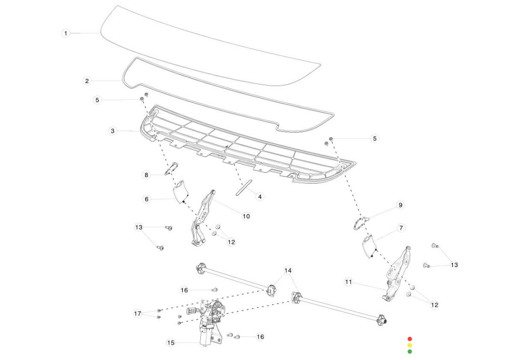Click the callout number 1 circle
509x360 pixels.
pyautogui.click(x=66, y=33)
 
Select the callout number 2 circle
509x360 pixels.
pyautogui.click(x=87, y=81)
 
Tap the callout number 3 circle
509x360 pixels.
pyautogui.click(x=113, y=131)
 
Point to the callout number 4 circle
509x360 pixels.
pyautogui.click(x=260, y=196)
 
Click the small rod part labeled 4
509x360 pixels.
pyautogui.click(x=244, y=187)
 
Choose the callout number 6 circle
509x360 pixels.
pyautogui.click(x=147, y=199)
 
